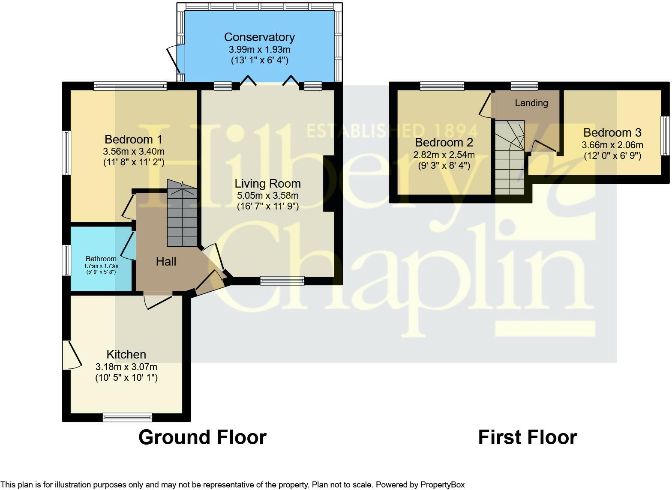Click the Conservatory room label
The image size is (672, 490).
pyautogui.click(x=259, y=37)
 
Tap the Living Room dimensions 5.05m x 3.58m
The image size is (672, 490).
pyautogui.click(x=267, y=195)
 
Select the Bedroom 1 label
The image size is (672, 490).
pyautogui.click(x=134, y=140)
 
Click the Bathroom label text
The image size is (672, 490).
pyautogui.click(x=101, y=259)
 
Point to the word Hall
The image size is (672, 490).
pyautogui.click(x=166, y=262)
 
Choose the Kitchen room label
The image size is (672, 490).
pyautogui.click(x=126, y=355)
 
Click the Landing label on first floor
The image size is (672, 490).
pyautogui.click(x=531, y=103)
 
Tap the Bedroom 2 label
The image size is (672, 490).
pyautogui.click(x=444, y=143)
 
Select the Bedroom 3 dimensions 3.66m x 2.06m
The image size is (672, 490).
pyautogui.click(x=612, y=145)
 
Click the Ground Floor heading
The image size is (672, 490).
pyautogui.click(x=202, y=437)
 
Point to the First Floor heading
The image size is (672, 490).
pyautogui.click(x=528, y=437)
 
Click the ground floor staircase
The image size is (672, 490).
pyautogui.click(x=182, y=213)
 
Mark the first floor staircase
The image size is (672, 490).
pyautogui.click(x=510, y=158)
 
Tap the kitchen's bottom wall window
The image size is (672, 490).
pyautogui.click(x=127, y=418)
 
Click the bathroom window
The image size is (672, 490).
pyautogui.click(x=66, y=260)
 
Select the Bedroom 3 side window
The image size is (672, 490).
pyautogui.click(x=666, y=136)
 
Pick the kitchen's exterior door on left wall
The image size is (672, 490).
pyautogui.click(x=72, y=355)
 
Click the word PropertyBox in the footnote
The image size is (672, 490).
pyautogui.click(x=442, y=484)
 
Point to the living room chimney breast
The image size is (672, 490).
pyautogui.click(x=329, y=184)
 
